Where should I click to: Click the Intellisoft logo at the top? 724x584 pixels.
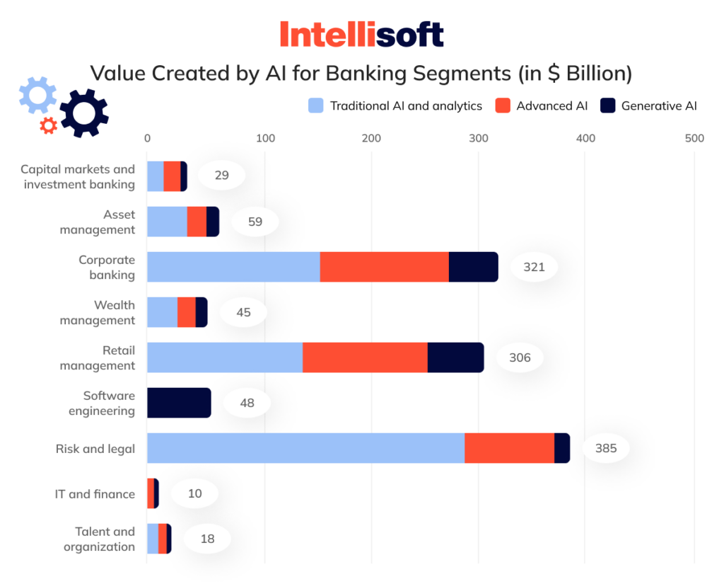click(x=361, y=34)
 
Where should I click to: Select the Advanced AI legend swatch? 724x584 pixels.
click(x=503, y=106)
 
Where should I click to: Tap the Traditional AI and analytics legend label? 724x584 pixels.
click(x=406, y=106)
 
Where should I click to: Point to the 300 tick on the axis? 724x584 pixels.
click(x=479, y=138)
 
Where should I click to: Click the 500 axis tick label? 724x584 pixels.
click(x=694, y=138)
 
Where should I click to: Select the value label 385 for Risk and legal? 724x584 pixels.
click(x=606, y=448)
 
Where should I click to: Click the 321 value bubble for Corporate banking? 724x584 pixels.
click(x=534, y=267)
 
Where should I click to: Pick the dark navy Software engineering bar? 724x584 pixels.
click(x=179, y=403)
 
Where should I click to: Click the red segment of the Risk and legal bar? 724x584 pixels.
click(x=509, y=448)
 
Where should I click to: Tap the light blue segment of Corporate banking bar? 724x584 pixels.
click(x=233, y=267)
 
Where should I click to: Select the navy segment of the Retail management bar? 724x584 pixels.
click(x=455, y=357)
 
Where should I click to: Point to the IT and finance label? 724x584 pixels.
click(x=95, y=494)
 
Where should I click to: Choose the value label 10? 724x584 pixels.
click(x=194, y=493)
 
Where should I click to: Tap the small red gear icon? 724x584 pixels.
click(x=49, y=126)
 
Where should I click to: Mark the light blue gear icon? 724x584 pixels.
click(x=37, y=95)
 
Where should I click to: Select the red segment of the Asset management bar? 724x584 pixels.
click(x=197, y=222)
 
